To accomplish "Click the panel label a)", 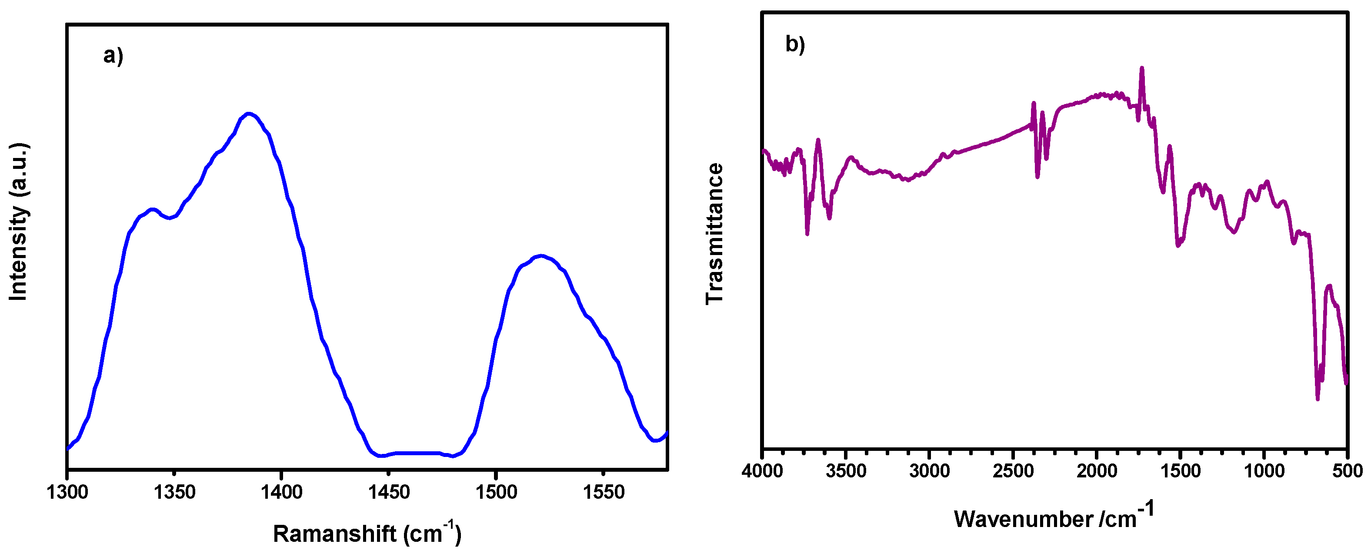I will pos(113,55).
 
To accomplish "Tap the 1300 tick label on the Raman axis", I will pos(67,492).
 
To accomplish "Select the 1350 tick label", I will pos(174,492).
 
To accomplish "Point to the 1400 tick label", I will pos(281,492).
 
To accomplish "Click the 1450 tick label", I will pos(389,492).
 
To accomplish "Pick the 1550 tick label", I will pos(603,492).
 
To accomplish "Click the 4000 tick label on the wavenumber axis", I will pos(762,471).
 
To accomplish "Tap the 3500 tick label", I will pos(846,471).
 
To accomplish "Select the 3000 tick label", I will pos(929,471).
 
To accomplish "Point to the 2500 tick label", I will pos(1013,471).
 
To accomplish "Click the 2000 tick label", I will pos(1096,471).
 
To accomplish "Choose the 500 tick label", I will pos(1347,471).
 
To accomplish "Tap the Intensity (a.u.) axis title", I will pos(19,222).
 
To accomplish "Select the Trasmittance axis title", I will pos(714,233).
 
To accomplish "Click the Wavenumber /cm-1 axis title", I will pos(1054,517).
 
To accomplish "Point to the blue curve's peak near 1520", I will pos(541,256).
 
